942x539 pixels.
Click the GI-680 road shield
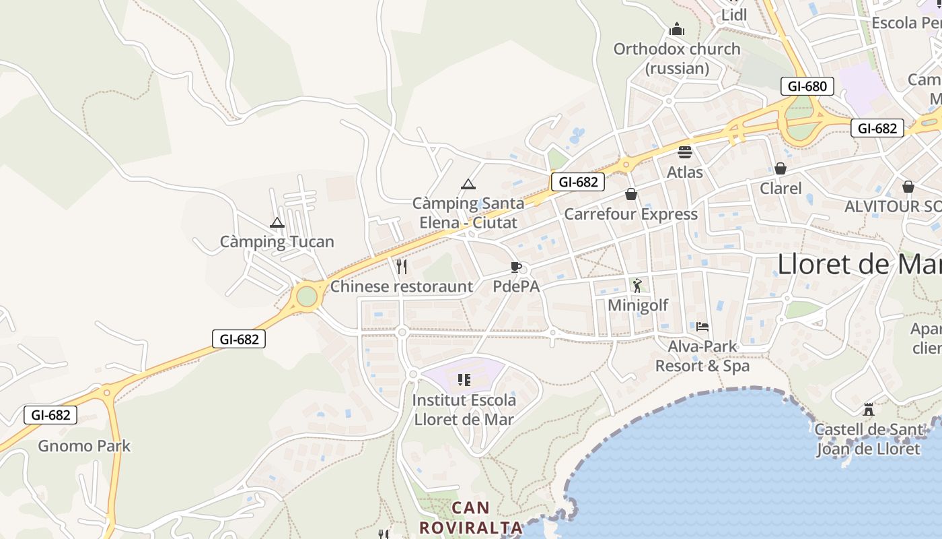pyautogui.click(x=807, y=86)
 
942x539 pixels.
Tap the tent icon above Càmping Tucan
pyautogui.click(x=277, y=222)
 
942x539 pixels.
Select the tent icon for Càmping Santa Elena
pyautogui.click(x=468, y=184)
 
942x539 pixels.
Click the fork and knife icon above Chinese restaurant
pyautogui.click(x=402, y=267)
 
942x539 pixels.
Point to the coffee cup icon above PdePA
pyautogui.click(x=516, y=267)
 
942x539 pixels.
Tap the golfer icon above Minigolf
pyautogui.click(x=637, y=286)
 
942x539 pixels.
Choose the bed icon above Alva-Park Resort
pyautogui.click(x=702, y=327)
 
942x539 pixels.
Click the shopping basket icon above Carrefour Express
pyautogui.click(x=631, y=194)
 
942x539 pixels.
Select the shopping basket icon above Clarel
pyautogui.click(x=781, y=168)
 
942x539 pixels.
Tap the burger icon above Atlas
pyautogui.click(x=685, y=152)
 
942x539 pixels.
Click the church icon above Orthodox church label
pyautogui.click(x=677, y=30)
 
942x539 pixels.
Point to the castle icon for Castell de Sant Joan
pyautogui.click(x=869, y=409)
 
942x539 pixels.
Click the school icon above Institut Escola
pyautogui.click(x=464, y=380)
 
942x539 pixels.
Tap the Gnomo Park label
pyautogui.click(x=84, y=446)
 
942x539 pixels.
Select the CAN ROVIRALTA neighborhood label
pyautogui.click(x=471, y=517)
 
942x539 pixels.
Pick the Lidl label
pyautogui.click(x=734, y=15)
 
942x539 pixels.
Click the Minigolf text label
pyautogui.click(x=638, y=305)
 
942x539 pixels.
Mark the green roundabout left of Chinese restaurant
pyautogui.click(x=307, y=296)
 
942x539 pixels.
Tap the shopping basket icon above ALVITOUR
pyautogui.click(x=908, y=186)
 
